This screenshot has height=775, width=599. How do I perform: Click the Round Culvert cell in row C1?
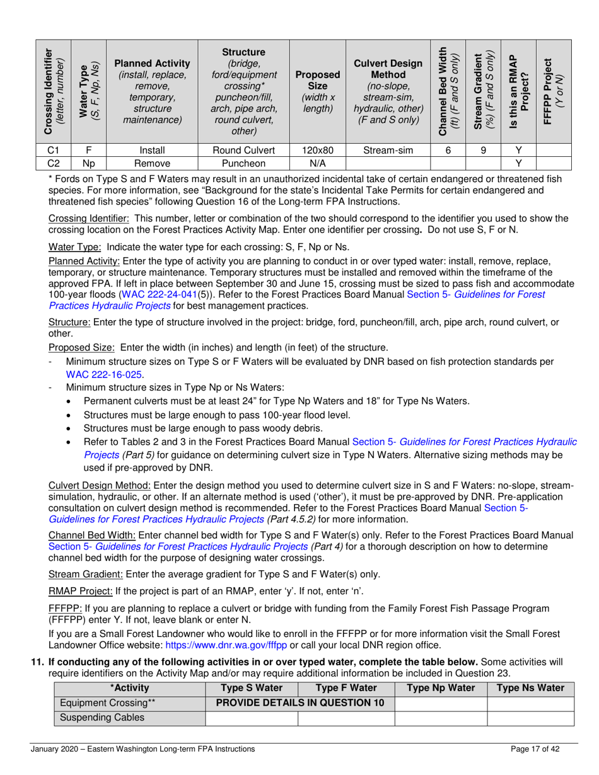click(x=243, y=151)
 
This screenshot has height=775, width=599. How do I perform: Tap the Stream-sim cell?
click(x=387, y=151)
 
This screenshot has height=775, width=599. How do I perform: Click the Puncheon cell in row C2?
click(x=243, y=163)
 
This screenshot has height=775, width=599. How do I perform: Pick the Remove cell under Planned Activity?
click(x=152, y=163)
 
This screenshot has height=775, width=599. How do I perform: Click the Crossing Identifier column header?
click(x=54, y=91)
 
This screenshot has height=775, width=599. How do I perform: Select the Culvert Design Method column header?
click(x=387, y=91)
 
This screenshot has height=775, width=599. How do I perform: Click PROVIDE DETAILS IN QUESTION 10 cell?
click(x=300, y=703)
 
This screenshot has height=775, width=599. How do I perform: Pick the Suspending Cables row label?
click(x=93, y=718)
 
